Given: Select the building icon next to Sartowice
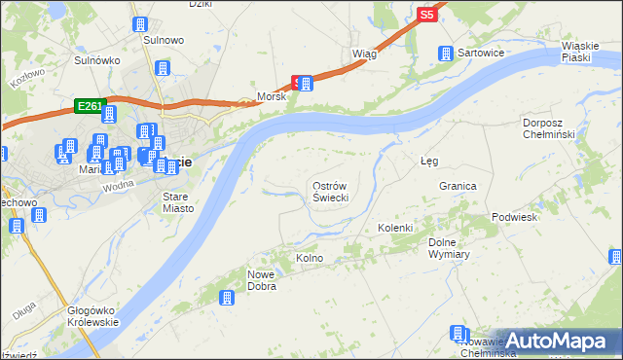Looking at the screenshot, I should pyautogui.click(x=446, y=54).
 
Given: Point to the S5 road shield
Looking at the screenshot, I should pyautogui.click(x=426, y=15).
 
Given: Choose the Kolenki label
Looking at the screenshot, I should pyautogui.click(x=396, y=228).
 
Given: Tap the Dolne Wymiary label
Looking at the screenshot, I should pyautogui.click(x=449, y=248).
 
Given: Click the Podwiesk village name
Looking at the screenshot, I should pyautogui.click(x=515, y=217).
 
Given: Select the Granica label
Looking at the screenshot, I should pyautogui.click(x=458, y=186).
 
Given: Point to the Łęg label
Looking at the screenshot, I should pyautogui.click(x=428, y=161).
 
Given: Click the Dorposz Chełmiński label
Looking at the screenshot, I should pyautogui.click(x=550, y=127).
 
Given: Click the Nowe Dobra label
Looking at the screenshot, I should pyautogui.click(x=261, y=280).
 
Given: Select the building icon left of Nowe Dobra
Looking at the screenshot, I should pyautogui.click(x=227, y=299).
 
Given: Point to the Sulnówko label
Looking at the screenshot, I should pyautogui.click(x=96, y=59).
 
